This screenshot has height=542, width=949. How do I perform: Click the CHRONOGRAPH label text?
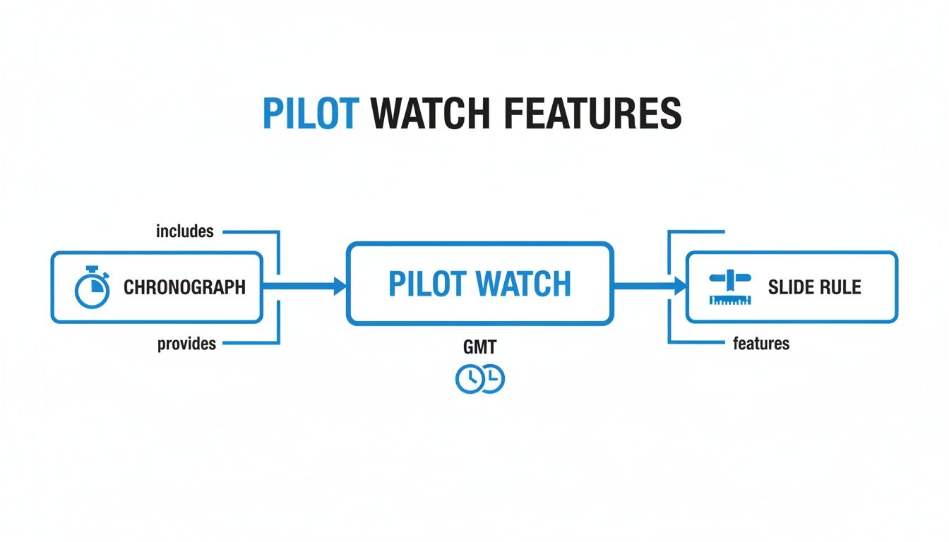(x=184, y=287)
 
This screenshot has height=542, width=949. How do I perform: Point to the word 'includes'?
(x=185, y=231)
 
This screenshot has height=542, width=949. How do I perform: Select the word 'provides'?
(x=186, y=344)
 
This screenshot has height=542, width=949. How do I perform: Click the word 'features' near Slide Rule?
(x=761, y=344)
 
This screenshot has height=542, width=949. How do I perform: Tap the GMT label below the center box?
(x=480, y=347)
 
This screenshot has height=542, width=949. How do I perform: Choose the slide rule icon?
(x=729, y=288)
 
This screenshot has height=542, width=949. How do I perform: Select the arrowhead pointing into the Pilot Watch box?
(x=340, y=286)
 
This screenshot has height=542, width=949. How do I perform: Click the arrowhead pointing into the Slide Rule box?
(x=680, y=286)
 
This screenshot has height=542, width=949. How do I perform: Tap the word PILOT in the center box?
(x=428, y=284)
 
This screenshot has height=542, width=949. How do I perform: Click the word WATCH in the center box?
(x=523, y=284)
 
